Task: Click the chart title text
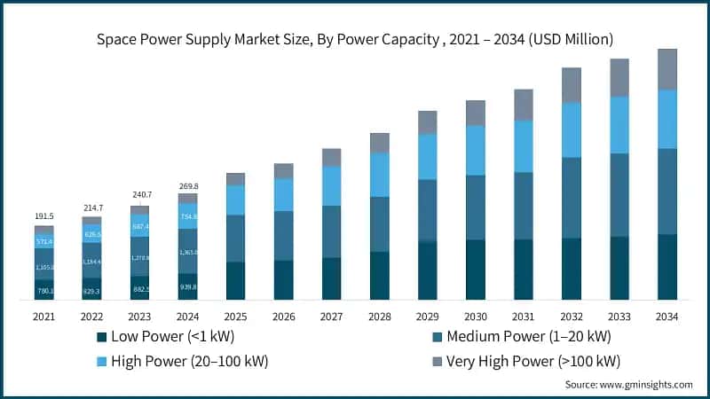[355, 39]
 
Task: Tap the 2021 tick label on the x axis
[44, 317]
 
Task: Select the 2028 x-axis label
[380, 317]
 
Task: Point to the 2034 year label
[667, 317]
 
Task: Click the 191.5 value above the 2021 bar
[44, 215]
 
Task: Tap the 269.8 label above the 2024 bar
[188, 186]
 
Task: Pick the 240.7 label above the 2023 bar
[140, 194]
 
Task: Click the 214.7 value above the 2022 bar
[92, 207]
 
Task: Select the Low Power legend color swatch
[101, 337]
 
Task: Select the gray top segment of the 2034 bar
[667, 69]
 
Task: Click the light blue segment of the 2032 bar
[572, 129]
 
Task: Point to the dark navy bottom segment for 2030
[476, 270]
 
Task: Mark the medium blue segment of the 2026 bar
[284, 235]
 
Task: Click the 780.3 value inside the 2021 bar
[44, 290]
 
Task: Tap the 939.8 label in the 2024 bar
[188, 286]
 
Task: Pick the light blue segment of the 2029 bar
[428, 157]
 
